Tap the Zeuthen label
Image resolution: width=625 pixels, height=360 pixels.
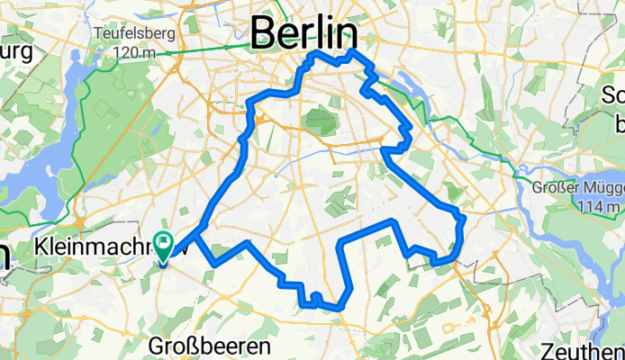click(x=586, y=350)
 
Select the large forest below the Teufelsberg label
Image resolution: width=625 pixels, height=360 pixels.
click(x=126, y=117)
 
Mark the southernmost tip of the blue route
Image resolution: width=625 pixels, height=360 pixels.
click(x=339, y=308)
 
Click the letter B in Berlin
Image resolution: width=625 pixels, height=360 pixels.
click(x=264, y=34)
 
